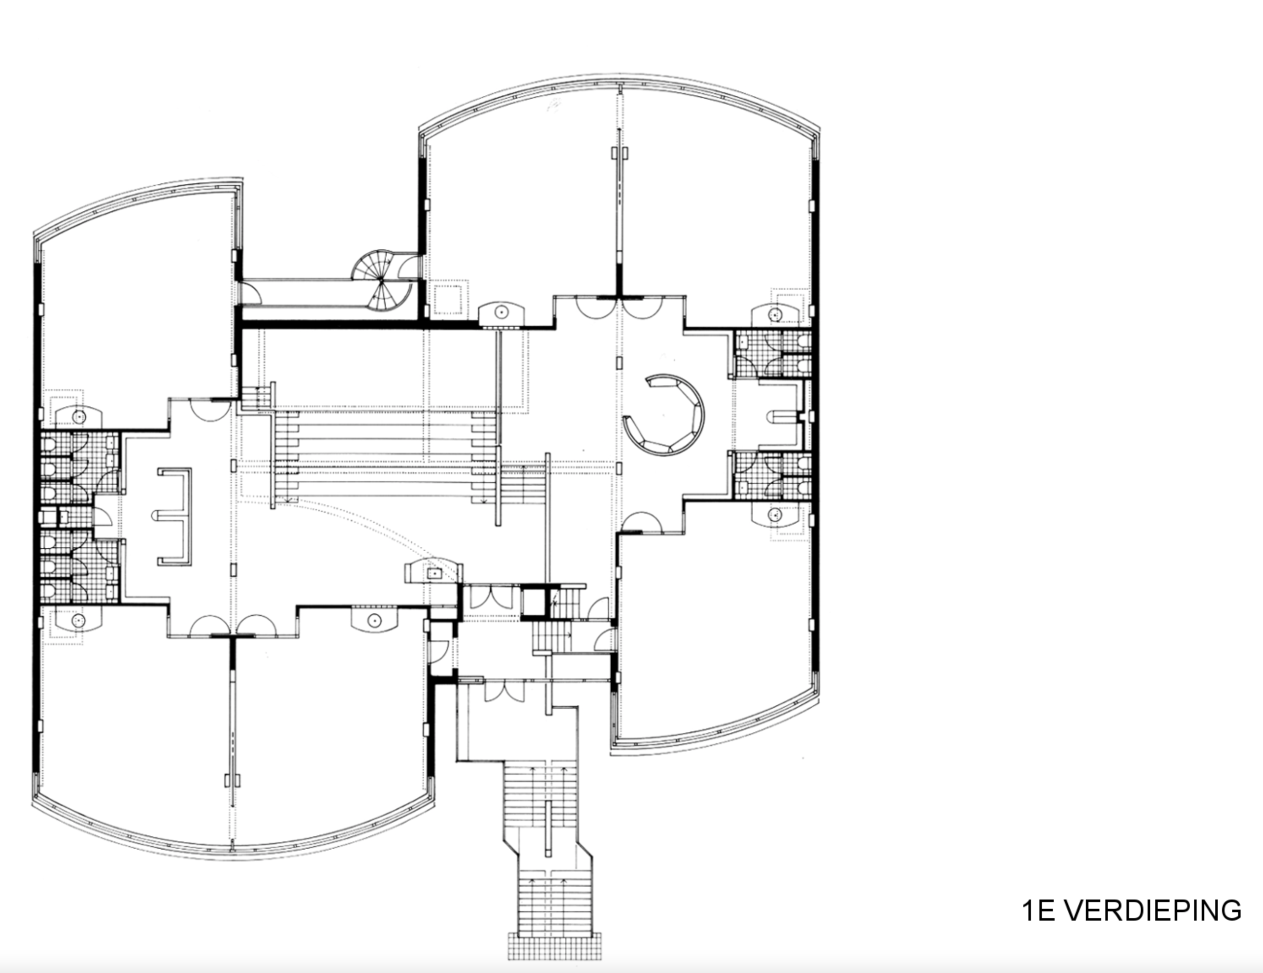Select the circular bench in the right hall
pos(665,414)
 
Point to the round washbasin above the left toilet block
pos(79,416)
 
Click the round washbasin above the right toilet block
pos(774,315)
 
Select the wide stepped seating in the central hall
pos(384,457)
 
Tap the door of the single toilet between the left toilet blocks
pos(101,516)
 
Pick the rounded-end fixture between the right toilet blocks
pos(782,416)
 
